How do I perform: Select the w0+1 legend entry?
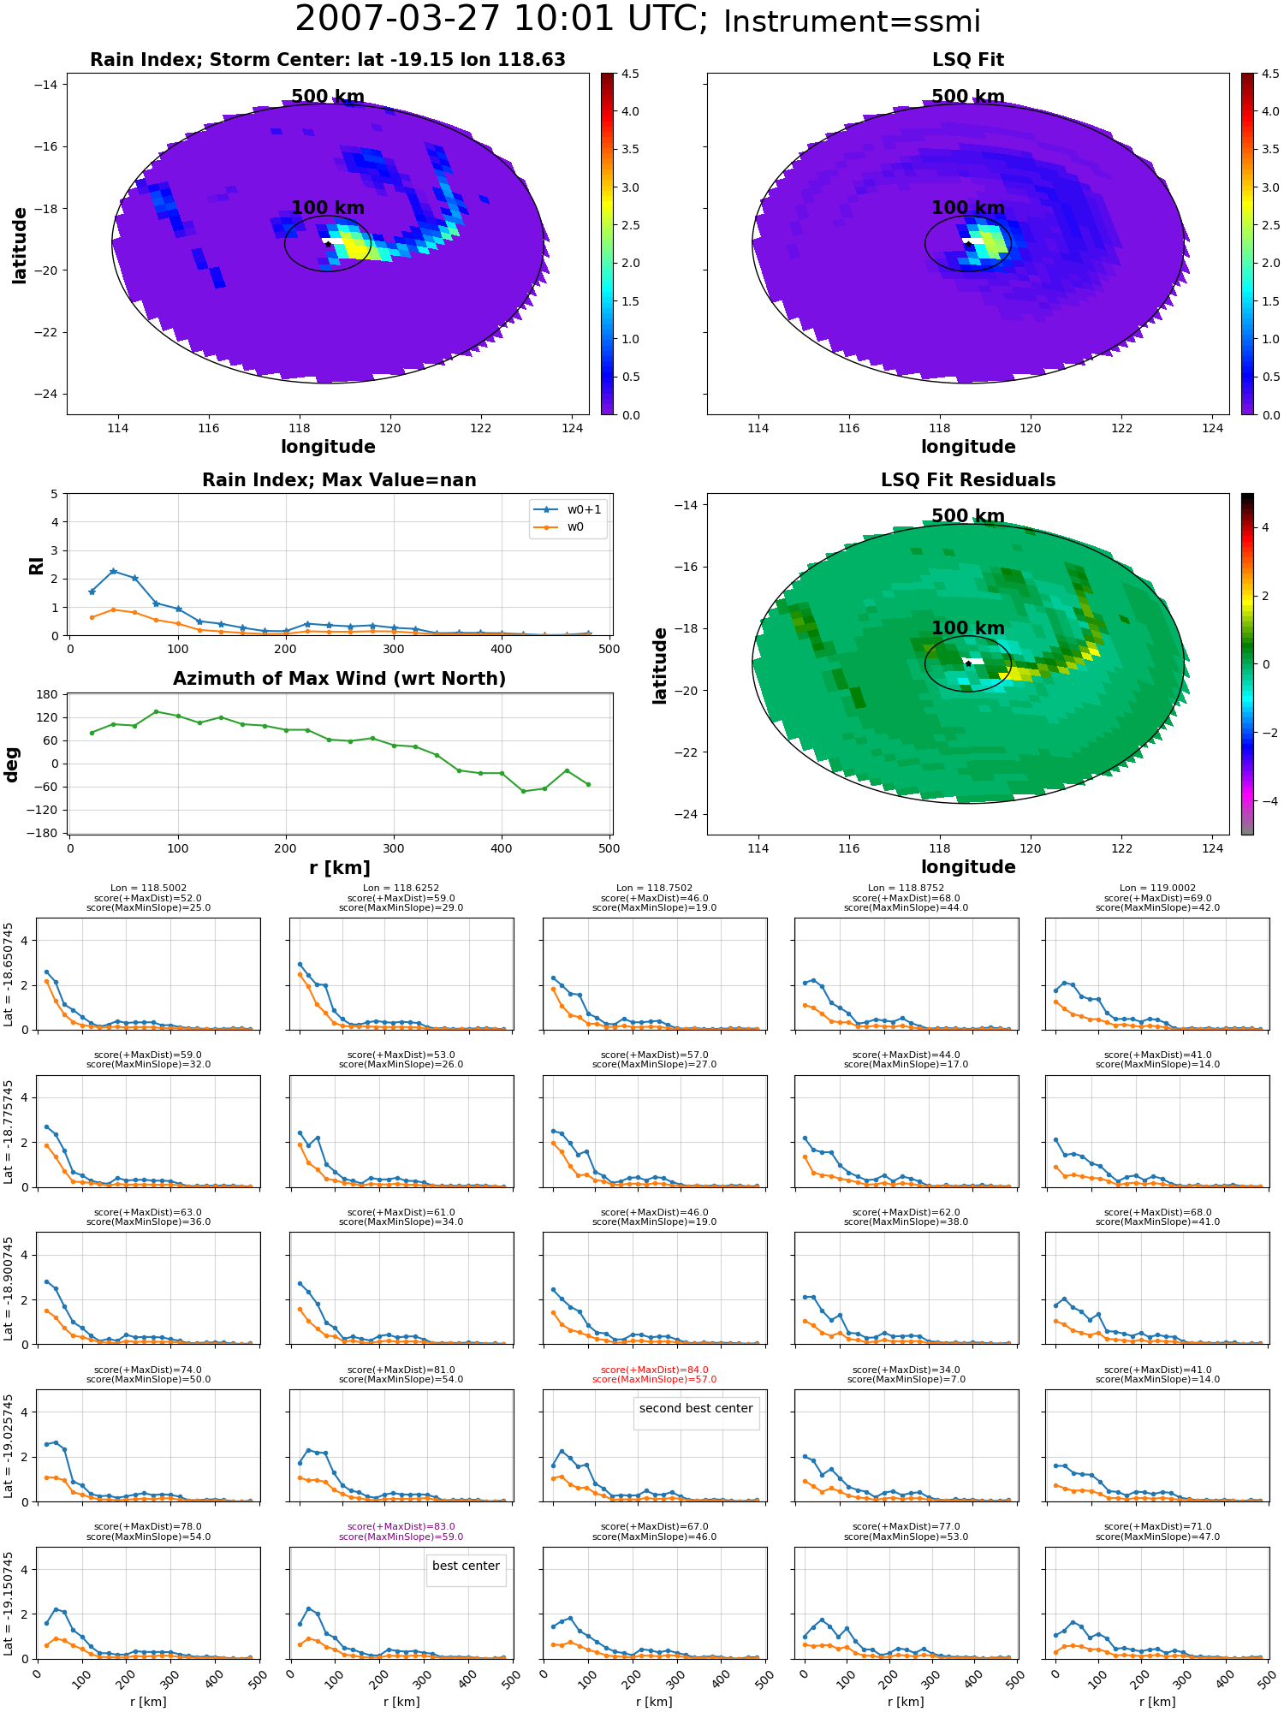coord(568,509)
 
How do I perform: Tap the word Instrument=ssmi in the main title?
coord(852,21)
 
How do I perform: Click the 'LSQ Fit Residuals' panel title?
coord(968,480)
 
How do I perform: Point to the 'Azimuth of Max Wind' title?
coord(339,679)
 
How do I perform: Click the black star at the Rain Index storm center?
coord(328,244)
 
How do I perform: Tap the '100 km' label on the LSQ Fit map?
coord(968,208)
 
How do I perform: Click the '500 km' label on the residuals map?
coord(968,516)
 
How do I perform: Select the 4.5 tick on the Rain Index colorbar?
coord(630,74)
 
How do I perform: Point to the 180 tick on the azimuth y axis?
coord(48,694)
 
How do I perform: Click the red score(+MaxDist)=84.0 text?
coord(655,1370)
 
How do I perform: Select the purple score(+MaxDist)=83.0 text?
coord(401,1526)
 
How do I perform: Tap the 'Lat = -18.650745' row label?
coord(9,974)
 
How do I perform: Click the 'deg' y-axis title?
coord(12,764)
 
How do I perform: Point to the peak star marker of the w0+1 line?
coord(113,571)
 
